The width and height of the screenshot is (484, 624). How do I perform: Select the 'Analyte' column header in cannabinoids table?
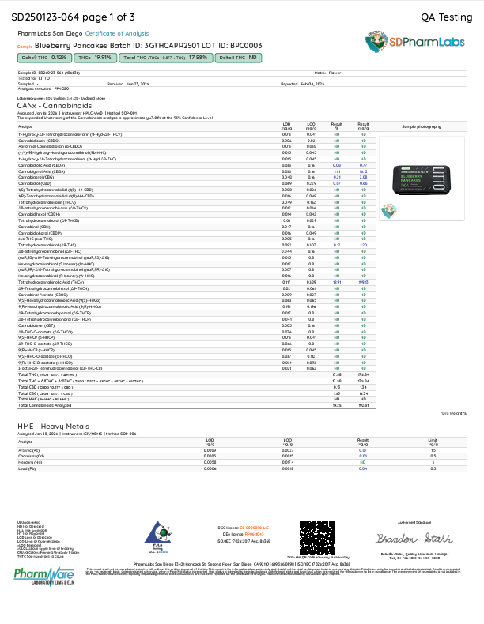(25, 126)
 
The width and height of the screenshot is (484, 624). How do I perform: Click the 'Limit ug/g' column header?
(433, 441)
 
